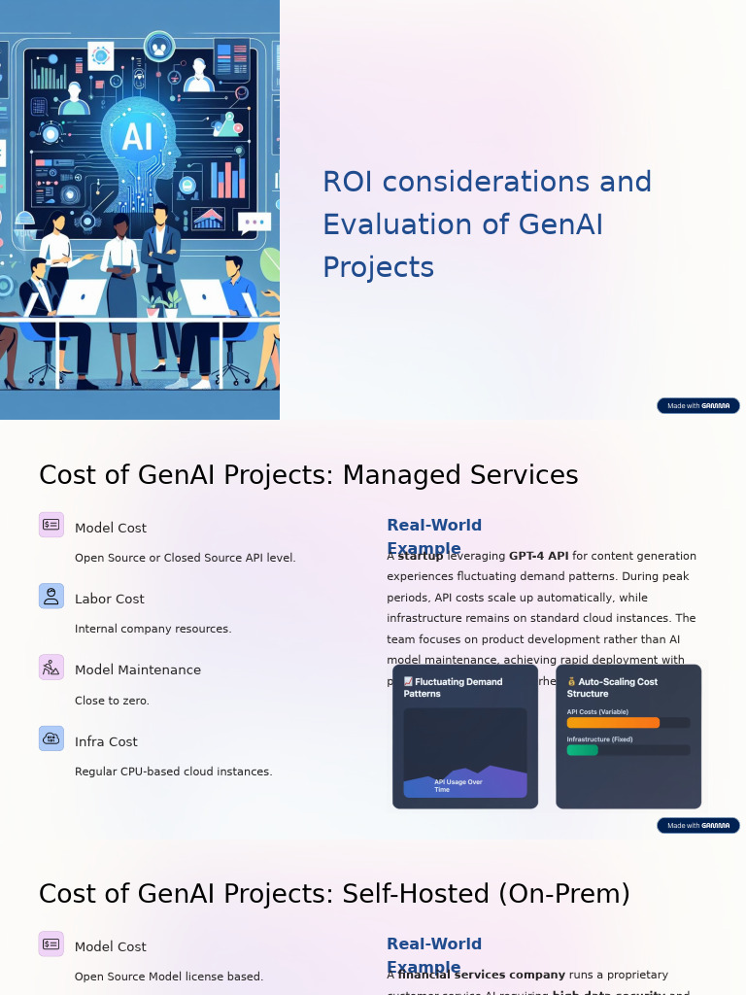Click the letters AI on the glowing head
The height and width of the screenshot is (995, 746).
coord(137,137)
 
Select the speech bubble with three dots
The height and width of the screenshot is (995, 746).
coord(254,222)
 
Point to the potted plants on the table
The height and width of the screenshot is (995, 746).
coord(161,304)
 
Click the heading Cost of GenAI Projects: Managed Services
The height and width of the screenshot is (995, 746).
coord(308,475)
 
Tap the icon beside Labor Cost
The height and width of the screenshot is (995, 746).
coord(51,596)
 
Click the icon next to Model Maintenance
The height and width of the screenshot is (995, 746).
coord(51,668)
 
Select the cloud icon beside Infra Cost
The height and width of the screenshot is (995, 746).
coord(51,738)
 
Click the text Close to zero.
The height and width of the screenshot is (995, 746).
coord(112,701)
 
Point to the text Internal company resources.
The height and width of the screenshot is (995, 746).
coord(153,629)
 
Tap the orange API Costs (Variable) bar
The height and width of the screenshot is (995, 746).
coord(612,723)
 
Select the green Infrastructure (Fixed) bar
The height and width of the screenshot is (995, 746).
coord(582,750)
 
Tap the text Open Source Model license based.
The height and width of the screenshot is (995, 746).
coord(169,977)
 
